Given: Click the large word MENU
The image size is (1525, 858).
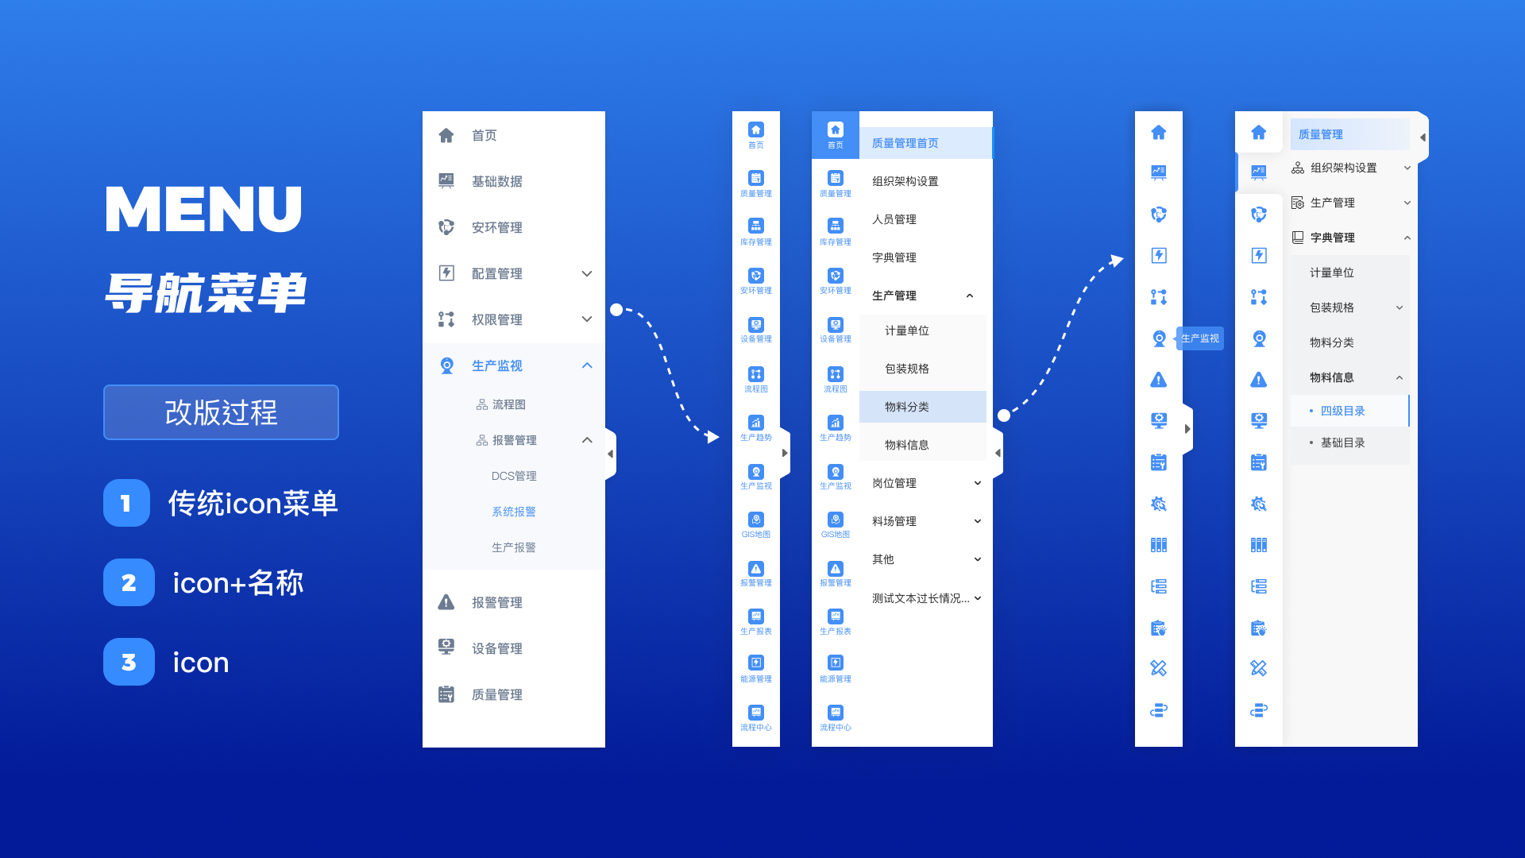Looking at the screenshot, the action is (203, 210).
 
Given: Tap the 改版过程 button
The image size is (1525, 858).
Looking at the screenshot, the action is (221, 412).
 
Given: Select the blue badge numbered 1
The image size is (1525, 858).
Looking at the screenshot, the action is (126, 503).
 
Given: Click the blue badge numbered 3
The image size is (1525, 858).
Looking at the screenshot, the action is (129, 662).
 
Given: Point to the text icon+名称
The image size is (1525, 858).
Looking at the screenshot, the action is (238, 583).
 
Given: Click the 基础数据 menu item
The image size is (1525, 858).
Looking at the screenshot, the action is (496, 181).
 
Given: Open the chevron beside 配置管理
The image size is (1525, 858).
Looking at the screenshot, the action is (587, 273).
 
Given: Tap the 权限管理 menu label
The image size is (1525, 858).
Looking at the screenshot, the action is (496, 319).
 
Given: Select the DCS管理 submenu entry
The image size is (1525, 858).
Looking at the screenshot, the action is (514, 476).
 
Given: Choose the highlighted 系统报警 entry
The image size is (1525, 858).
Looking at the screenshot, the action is (514, 512).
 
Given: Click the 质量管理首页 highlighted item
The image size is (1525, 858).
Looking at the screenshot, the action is (905, 143).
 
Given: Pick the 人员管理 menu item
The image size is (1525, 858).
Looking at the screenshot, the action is (894, 219).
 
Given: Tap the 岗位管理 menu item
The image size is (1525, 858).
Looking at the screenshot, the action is (894, 483).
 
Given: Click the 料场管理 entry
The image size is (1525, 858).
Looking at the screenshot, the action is (894, 521).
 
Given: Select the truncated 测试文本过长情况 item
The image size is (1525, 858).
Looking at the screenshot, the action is (921, 598).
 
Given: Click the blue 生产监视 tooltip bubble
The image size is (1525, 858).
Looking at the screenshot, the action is (1199, 338).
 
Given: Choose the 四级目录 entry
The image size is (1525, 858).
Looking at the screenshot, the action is (1342, 411).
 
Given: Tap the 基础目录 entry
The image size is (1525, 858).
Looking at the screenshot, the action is (1342, 443).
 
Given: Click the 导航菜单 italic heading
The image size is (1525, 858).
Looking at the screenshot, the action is (205, 292).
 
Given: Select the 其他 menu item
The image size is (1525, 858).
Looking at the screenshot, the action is (883, 559).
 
